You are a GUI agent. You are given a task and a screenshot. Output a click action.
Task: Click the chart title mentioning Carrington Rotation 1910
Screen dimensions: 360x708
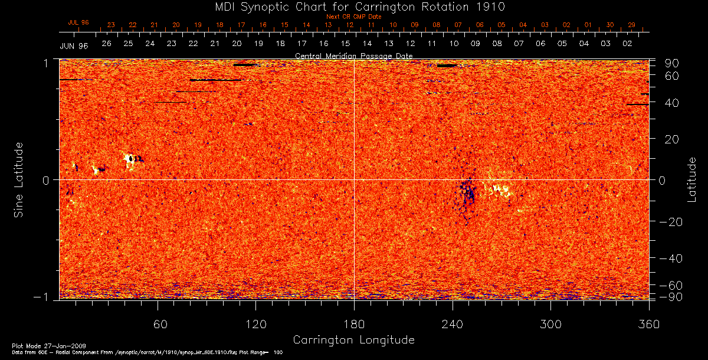[353, 6]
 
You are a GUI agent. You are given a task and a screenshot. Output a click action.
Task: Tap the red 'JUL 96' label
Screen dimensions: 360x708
[78, 22]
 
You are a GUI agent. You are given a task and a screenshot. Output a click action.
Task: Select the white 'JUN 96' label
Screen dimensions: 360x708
[74, 45]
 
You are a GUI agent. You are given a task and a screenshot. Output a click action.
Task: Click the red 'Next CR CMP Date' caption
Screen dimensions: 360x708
[353, 17]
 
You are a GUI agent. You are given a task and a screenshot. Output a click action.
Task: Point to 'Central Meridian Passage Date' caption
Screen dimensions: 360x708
[353, 55]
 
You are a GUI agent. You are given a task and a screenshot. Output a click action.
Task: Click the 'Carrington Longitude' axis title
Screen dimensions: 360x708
[353, 340]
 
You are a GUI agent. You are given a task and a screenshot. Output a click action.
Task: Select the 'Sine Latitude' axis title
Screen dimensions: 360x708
[19, 179]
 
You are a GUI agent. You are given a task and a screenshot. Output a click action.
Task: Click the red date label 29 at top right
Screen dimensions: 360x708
[631, 25]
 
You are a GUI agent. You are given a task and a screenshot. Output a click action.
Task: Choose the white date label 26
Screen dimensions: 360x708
[107, 44]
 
